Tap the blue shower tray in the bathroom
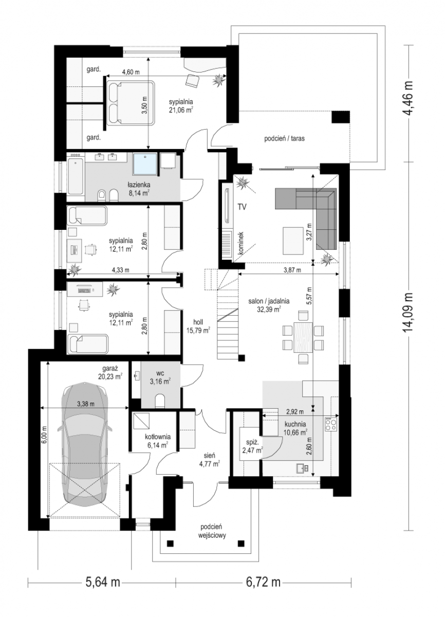tap(145, 164)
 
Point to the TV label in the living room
tap(243, 207)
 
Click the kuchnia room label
tap(295, 425)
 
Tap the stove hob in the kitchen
tap(331, 425)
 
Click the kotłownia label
tap(158, 437)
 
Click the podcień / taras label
tap(284, 138)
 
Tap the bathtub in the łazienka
tap(76, 176)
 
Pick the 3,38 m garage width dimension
tap(86, 404)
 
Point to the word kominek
tap(242, 242)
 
